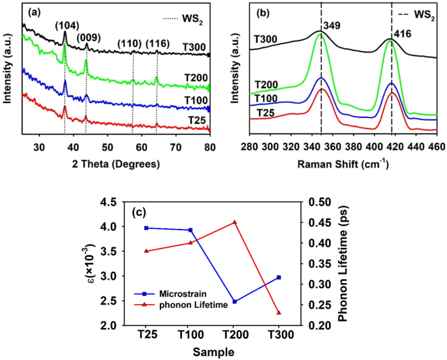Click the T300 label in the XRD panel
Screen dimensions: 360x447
tap(194, 48)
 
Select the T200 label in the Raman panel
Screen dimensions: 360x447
tap(266, 85)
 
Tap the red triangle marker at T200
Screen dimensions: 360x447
tap(234, 222)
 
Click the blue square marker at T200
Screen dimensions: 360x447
tap(234, 302)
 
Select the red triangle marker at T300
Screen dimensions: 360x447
tap(279, 313)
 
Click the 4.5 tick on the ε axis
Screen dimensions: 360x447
tap(110, 202)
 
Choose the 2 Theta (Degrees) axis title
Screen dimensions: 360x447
tap(115, 164)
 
